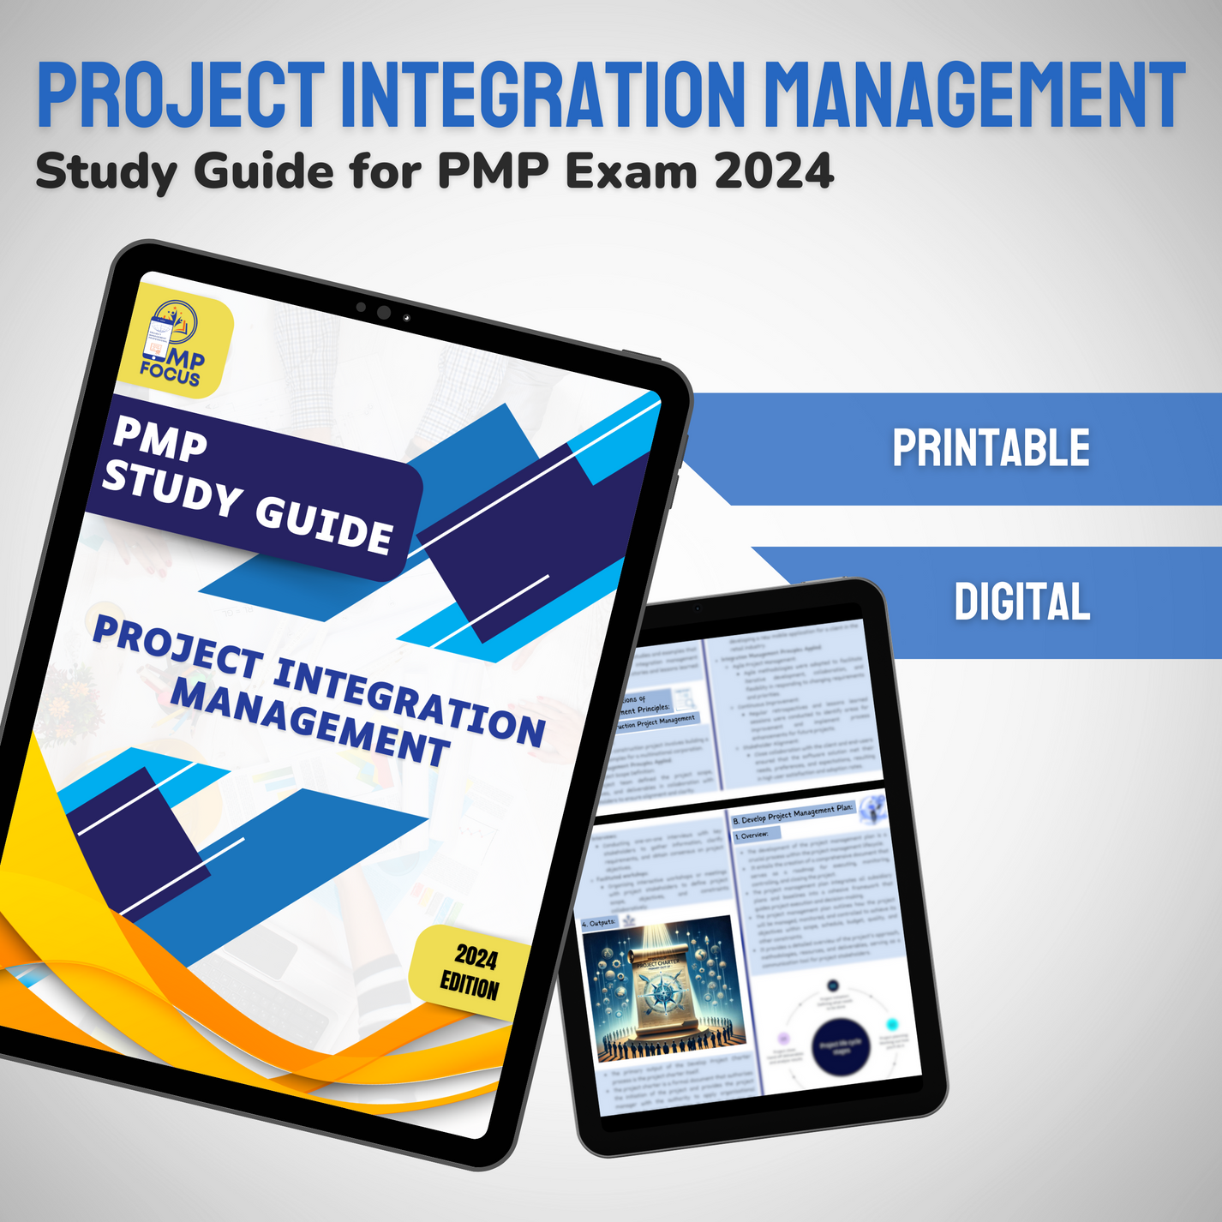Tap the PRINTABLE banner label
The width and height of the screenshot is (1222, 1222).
(991, 448)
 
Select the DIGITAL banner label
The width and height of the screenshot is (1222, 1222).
(1022, 602)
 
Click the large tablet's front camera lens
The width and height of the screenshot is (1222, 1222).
(384, 313)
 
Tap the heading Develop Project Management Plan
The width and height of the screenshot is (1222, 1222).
(792, 814)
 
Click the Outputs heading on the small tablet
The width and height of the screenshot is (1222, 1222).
(599, 923)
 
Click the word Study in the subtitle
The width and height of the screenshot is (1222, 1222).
(106, 172)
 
